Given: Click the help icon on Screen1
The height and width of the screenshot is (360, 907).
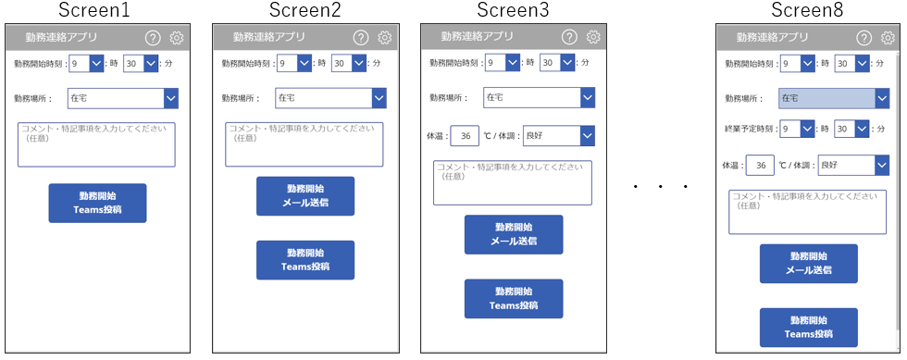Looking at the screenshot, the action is pos(152,38).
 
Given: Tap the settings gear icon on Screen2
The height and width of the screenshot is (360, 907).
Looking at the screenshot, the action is pos(385,38).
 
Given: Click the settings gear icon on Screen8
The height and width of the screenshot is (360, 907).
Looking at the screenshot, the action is pos(888,38).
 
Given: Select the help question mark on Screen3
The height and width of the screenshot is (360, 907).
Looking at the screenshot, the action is pos(569,37).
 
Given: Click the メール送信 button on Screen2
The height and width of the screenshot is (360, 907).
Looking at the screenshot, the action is pos(305,196).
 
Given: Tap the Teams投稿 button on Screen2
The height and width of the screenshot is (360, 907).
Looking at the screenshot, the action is pos(305,260).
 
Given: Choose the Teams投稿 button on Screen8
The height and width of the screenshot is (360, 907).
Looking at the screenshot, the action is pos(809,328).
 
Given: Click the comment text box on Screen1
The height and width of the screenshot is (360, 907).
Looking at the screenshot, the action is pos(96,144).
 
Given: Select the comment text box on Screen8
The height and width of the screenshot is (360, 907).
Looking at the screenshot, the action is pos(807,212).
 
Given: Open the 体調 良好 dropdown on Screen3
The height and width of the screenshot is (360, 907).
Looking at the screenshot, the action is pos(559,137).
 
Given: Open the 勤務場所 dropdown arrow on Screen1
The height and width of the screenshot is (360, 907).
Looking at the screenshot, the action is pos(171,98).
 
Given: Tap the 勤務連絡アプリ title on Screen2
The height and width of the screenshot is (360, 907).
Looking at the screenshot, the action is pos(269,37).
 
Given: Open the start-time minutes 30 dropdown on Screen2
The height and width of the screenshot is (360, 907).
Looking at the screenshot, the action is pos(349,64).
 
